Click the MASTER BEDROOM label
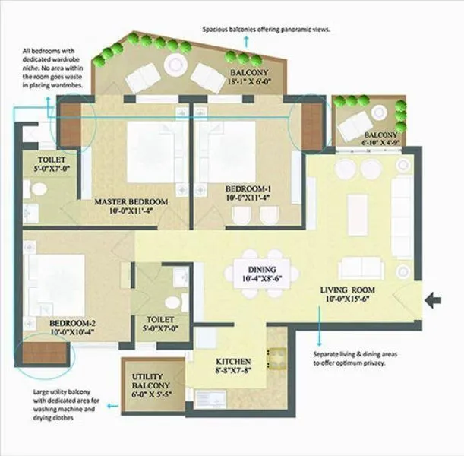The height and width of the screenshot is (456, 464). (131, 202)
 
